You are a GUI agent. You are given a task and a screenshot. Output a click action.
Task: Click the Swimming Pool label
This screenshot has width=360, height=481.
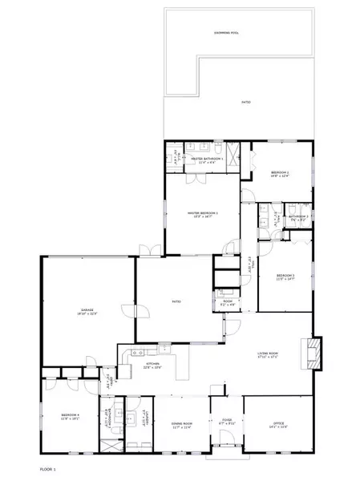pyautogui.click(x=237, y=32)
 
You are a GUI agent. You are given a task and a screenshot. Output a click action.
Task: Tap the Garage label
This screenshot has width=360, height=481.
pyautogui.click(x=87, y=312)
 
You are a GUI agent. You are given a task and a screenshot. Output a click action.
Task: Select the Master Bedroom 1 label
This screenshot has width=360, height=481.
pyautogui.click(x=202, y=214)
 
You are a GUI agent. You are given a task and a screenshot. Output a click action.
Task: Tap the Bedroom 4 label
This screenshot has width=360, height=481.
pyautogui.click(x=71, y=416)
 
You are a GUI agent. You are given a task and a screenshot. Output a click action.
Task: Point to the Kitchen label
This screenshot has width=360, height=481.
pyautogui.click(x=152, y=366)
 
